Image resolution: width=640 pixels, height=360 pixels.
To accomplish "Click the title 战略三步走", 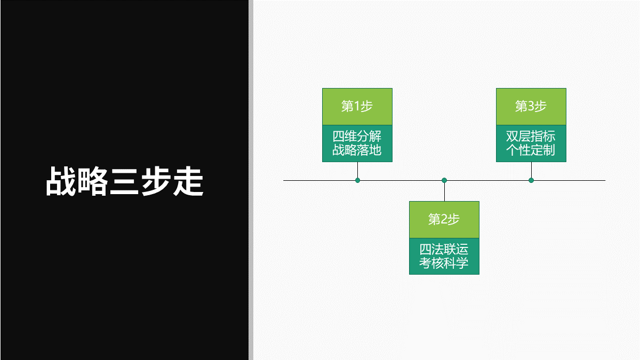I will pos(124,181).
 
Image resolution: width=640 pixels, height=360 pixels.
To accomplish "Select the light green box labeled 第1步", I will pos(357,107).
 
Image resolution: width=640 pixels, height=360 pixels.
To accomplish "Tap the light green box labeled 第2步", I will pos(444,219).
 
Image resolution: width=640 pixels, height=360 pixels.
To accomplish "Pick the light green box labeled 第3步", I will pos(531,107).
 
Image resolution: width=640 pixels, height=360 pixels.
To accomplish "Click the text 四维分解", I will pos(357,137).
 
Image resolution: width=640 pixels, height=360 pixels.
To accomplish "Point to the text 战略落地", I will pos(357,150).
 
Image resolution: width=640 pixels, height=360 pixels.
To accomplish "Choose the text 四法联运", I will pos(444,250).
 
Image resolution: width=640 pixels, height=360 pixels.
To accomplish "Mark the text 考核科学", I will pos(444,263).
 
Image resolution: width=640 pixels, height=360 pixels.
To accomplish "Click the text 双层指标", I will pos(531,137).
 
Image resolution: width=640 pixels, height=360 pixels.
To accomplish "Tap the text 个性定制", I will pos(531,150).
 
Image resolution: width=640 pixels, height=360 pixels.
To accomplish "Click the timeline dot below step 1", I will pos(358,180).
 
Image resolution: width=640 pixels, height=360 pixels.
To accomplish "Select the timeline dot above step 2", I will pos(444,180).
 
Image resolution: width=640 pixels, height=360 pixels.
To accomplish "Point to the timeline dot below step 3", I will pos(531,180).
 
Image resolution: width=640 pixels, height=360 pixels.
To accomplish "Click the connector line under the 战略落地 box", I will pos(357,170).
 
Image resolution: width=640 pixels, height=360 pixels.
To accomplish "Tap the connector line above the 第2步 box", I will pos(444,191).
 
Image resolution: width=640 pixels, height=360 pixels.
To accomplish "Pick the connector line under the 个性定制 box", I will pos(531,170).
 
